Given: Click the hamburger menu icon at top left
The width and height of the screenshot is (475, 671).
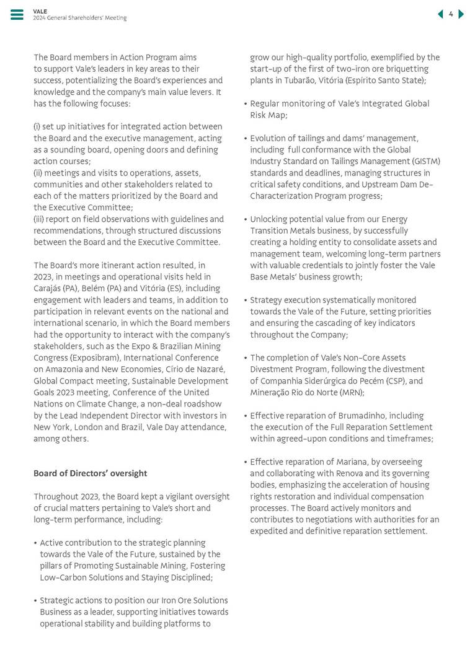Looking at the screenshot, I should [17, 15].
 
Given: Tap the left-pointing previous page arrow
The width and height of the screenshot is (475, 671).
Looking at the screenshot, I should [440, 14].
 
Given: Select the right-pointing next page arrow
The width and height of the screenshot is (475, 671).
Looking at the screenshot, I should [461, 14].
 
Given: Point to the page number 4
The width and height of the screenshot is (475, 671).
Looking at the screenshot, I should [451, 14].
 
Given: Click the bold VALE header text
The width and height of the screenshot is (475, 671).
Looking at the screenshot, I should [40, 11].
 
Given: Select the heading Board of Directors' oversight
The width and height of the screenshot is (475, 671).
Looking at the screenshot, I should [90, 473].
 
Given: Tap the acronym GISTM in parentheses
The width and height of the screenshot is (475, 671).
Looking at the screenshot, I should [425, 161].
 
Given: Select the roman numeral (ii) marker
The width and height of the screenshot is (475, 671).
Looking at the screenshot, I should [38, 173].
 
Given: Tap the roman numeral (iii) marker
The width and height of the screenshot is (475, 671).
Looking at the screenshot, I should [40, 219].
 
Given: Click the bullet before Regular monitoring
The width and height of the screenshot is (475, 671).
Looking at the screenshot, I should [246, 104].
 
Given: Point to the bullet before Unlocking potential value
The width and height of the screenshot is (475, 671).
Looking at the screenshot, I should [246, 219].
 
